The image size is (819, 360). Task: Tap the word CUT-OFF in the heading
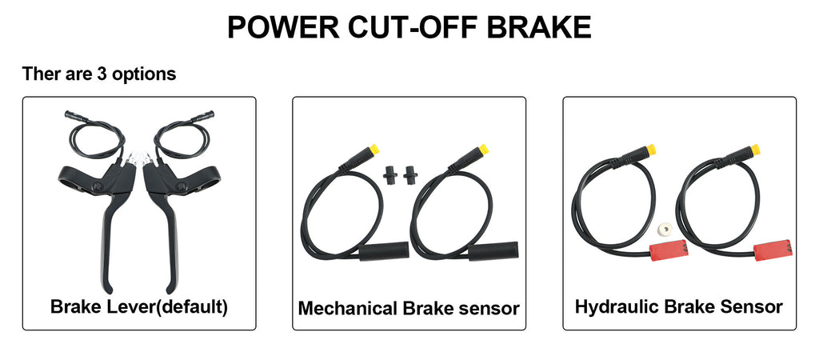[413, 27]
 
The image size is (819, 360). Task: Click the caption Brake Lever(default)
[139, 306]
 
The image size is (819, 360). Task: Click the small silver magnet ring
[665, 228]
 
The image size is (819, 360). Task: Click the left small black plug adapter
[390, 174]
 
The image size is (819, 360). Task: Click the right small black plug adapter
[409, 174]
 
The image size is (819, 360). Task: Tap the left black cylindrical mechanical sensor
[384, 252]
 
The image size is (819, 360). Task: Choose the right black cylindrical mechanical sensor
[493, 252]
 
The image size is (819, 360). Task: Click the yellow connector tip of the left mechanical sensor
[374, 150]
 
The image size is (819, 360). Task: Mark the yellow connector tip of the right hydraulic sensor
[754, 150]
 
